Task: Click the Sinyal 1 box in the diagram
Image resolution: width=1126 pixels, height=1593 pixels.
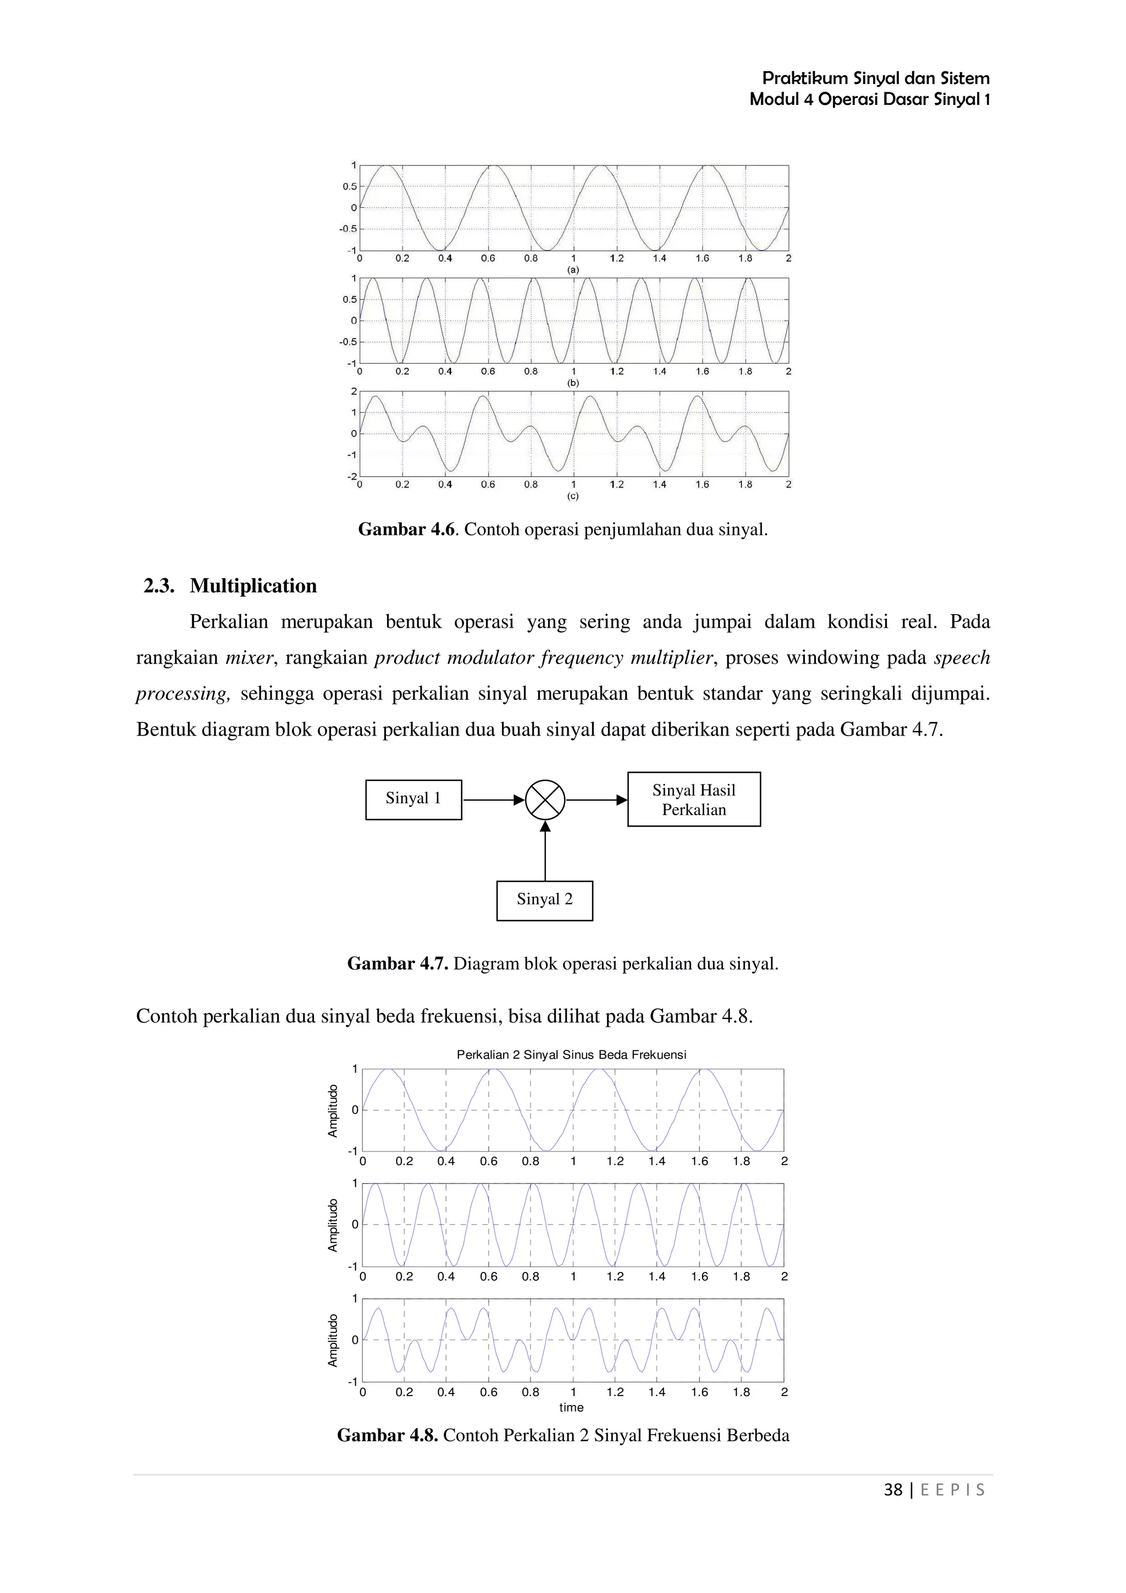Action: point(413,799)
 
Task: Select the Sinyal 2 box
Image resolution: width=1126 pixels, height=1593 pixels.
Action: point(545,900)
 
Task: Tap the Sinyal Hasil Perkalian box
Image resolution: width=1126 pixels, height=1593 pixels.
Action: point(694,799)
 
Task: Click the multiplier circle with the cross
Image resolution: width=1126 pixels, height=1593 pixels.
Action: point(545,800)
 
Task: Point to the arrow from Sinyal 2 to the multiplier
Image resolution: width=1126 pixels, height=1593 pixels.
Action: point(545,852)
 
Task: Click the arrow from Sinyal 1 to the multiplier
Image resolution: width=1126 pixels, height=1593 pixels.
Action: point(493,800)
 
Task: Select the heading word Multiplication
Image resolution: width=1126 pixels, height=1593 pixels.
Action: point(253,587)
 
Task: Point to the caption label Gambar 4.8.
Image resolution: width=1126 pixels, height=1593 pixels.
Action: point(387,1435)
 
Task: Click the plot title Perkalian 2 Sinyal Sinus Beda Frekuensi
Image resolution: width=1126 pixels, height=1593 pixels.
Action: point(571,1055)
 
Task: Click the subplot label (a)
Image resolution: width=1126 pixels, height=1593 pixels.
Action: point(573,269)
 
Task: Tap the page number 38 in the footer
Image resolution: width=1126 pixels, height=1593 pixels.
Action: point(893,1490)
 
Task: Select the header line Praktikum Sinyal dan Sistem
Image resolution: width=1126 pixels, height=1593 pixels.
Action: point(875,79)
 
